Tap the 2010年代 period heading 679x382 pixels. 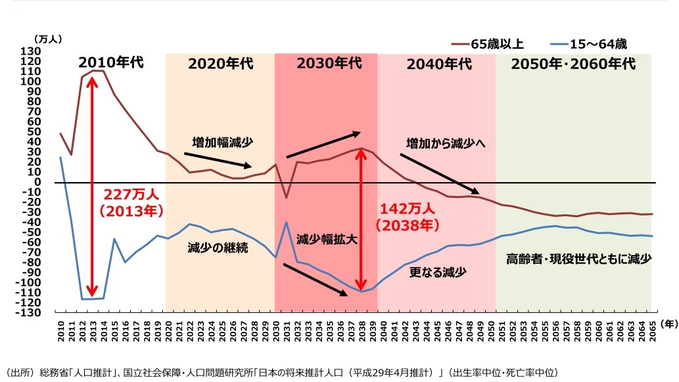point(110,64)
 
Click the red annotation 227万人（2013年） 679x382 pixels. point(131,204)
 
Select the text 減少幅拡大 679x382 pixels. point(327,239)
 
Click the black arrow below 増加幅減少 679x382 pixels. point(218,160)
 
